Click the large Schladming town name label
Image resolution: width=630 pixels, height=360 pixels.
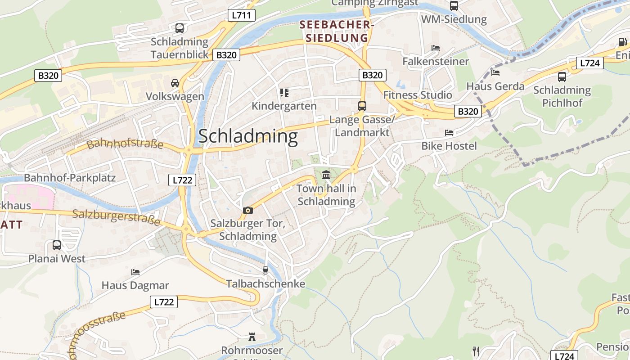248,136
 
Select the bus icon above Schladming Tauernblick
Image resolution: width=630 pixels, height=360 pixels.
180,28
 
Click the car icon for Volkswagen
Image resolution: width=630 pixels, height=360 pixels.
175,83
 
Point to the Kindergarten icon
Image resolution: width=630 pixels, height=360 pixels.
284,93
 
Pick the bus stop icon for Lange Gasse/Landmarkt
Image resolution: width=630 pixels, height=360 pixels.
362,106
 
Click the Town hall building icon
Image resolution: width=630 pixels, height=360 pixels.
326,175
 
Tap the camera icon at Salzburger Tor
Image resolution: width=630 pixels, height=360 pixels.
247,210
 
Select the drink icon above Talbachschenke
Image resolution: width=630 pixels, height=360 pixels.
265,270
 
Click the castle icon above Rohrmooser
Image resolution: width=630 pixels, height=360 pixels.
252,337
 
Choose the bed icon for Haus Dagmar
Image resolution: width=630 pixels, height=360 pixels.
135,272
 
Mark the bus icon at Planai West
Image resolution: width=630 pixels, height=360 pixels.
57,245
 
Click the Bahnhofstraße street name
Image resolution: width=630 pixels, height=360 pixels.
125,144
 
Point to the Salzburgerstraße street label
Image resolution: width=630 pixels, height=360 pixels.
116,217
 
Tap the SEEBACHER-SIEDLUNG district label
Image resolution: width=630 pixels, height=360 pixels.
337,31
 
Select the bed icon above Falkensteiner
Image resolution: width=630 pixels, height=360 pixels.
435,48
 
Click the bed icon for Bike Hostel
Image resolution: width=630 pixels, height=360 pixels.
449,132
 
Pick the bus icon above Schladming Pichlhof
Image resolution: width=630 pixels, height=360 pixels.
562,77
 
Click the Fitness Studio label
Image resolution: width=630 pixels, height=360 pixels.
418,95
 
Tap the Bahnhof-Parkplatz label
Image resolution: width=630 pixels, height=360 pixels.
70,178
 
